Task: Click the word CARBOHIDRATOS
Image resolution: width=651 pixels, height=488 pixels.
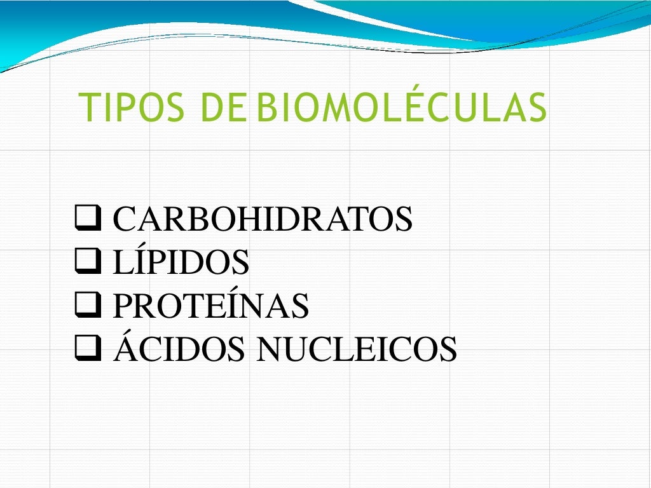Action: (x=263, y=220)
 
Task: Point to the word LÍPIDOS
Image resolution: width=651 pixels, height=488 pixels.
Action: (x=181, y=263)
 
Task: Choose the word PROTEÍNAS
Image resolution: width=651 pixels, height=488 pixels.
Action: (x=210, y=306)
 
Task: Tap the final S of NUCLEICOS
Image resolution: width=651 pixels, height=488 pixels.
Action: (x=449, y=349)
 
